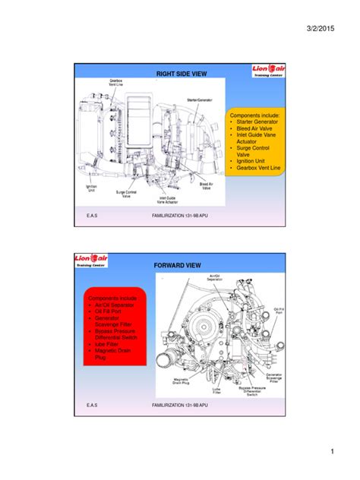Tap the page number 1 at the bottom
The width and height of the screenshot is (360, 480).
coord(332,453)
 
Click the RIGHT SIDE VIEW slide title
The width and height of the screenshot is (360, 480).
coord(181,74)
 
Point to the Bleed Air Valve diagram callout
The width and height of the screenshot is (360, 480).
coord(205,185)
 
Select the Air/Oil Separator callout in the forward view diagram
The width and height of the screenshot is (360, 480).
coord(207,278)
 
